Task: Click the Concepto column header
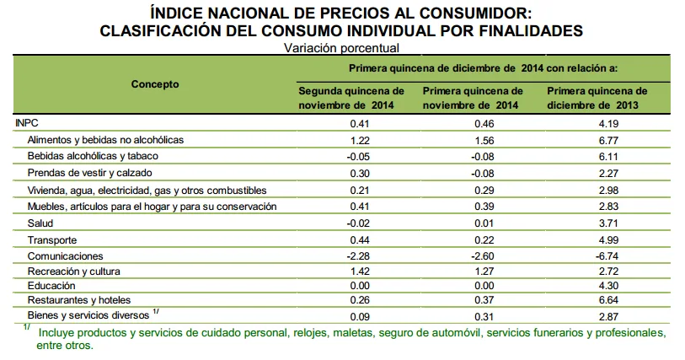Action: [x=155, y=84]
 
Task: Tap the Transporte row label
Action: [x=51, y=240]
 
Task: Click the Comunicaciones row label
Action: [x=65, y=255]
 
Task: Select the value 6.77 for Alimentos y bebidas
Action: [x=607, y=138]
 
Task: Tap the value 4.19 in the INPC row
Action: [x=607, y=123]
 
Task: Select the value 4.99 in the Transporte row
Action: [x=607, y=240]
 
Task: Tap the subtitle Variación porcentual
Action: [x=340, y=48]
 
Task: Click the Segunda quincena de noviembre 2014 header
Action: [x=352, y=98]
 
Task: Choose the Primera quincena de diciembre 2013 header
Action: [x=597, y=98]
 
